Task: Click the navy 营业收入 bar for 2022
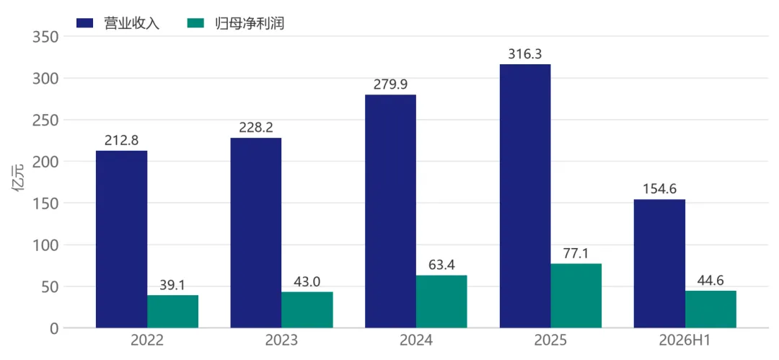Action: (x=122, y=240)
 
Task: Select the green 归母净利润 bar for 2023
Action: (x=307, y=309)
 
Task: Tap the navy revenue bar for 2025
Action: (x=525, y=196)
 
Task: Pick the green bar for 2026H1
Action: (x=710, y=309)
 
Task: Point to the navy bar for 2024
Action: (x=390, y=211)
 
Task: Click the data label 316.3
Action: (x=525, y=53)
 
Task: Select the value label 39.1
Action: (x=172, y=285)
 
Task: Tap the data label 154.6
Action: (x=660, y=189)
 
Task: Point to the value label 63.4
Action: (x=441, y=265)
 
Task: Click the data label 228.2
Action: (x=256, y=128)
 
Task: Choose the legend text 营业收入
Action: (x=132, y=23)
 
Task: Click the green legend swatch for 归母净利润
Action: (x=195, y=23)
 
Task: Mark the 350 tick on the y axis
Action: (x=45, y=37)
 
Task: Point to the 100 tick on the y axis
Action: (x=45, y=245)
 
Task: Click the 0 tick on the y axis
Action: (x=54, y=328)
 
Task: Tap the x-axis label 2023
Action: (x=282, y=341)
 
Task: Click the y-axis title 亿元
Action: (x=18, y=183)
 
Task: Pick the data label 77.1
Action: (x=576, y=254)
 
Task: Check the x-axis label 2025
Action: (x=550, y=341)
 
